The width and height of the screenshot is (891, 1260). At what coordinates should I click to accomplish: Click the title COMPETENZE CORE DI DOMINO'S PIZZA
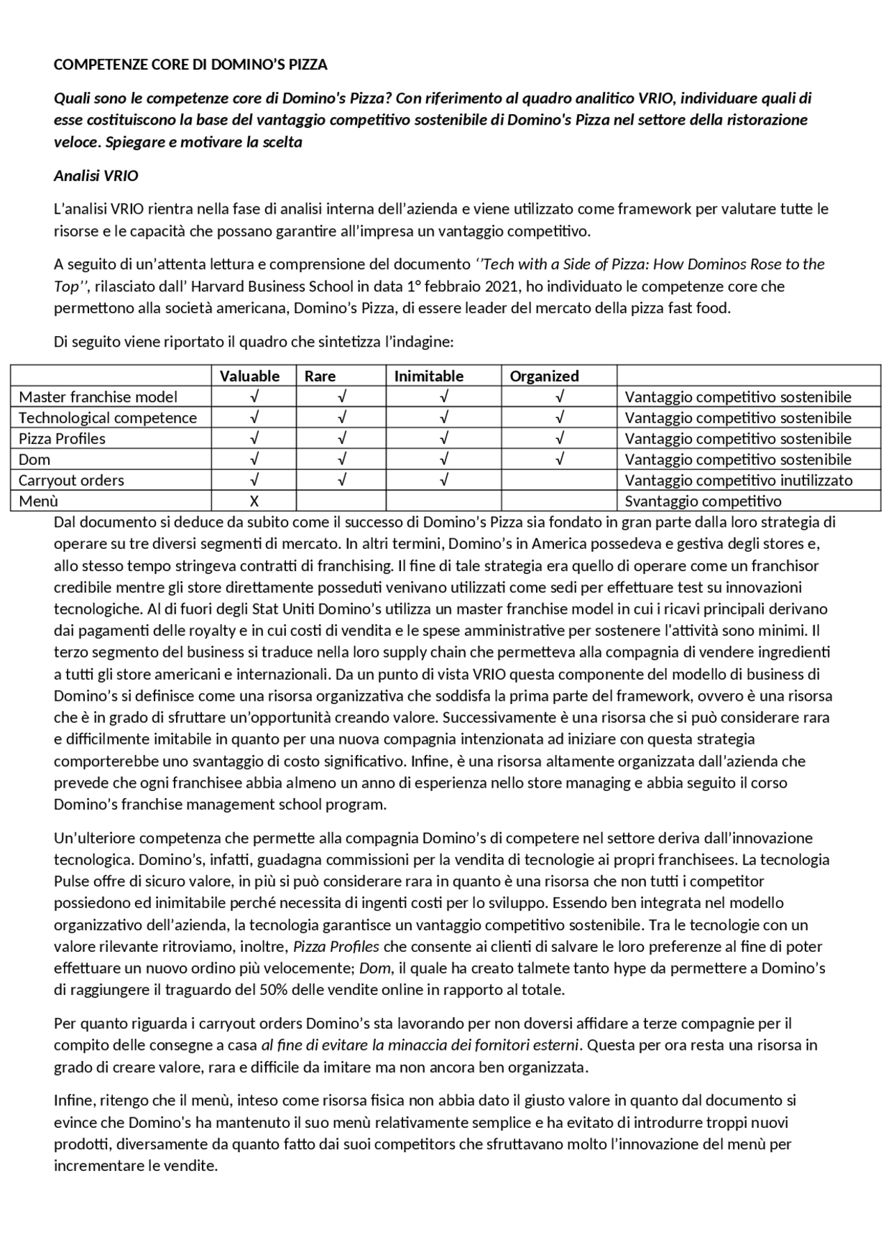tap(190, 65)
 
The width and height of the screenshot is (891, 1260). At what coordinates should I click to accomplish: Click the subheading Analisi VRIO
tap(96, 176)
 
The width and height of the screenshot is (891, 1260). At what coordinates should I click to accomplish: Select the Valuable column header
tap(249, 376)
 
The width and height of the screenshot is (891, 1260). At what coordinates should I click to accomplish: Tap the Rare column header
tap(320, 376)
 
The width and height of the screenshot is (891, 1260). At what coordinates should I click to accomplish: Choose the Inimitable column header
tap(429, 376)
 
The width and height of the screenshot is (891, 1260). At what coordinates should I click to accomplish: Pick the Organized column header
tap(544, 376)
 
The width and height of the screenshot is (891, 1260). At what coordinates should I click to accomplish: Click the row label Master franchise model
tap(98, 397)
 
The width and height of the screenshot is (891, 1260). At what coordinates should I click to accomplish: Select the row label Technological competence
tap(108, 417)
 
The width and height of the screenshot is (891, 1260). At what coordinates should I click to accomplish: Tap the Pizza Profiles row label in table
tap(62, 438)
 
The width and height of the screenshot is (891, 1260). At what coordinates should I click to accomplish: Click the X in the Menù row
tap(254, 501)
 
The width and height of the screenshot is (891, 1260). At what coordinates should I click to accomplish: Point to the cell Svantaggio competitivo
tap(703, 501)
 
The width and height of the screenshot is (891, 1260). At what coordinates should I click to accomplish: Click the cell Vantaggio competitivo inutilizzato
tap(739, 480)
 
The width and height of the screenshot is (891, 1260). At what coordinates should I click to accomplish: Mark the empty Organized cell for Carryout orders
tap(559, 480)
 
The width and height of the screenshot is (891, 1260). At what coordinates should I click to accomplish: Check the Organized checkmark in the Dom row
tap(560, 459)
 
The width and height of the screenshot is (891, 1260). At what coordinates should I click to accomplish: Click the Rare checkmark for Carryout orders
tap(341, 480)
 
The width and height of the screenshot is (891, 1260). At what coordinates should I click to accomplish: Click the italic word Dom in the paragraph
tap(374, 968)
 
